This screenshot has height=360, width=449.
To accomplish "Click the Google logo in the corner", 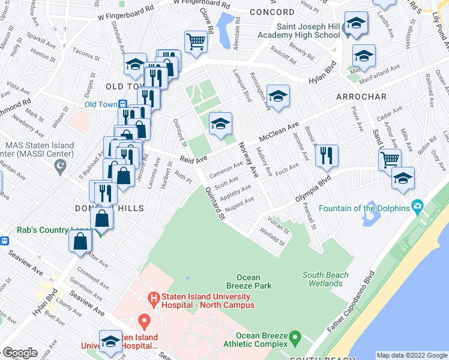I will click(20, 353).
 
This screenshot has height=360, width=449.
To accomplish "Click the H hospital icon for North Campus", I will click(154, 297).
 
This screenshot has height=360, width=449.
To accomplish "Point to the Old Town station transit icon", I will click(122, 104).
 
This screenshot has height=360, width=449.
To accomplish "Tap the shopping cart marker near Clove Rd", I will click(196, 43).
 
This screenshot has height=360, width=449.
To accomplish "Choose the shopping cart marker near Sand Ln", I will click(390, 159).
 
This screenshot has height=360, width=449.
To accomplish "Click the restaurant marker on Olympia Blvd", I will click(327, 155).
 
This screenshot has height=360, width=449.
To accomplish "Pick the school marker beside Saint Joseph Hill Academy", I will click(356, 25).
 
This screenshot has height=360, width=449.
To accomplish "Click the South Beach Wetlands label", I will click(325, 279).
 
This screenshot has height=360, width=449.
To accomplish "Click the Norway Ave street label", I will click(248, 159).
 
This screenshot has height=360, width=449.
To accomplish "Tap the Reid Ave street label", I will click(193, 158).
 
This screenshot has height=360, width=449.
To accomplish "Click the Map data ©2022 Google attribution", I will click(411, 355).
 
